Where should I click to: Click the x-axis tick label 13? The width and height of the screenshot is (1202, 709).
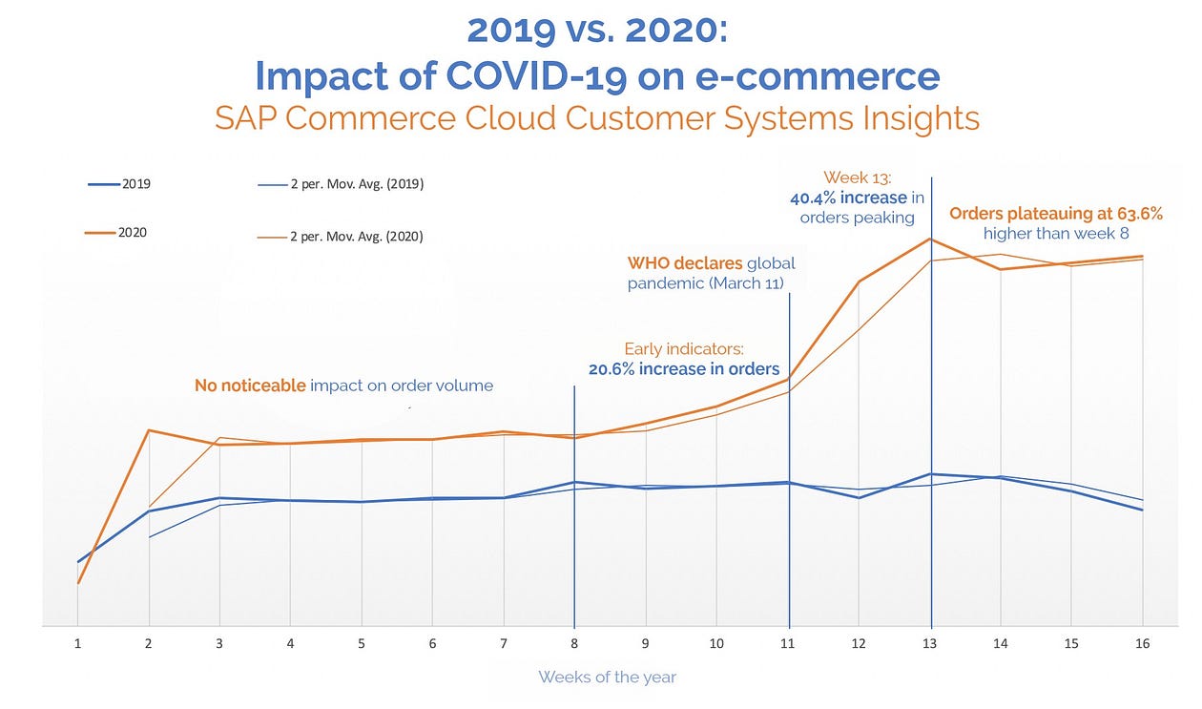click(x=931, y=644)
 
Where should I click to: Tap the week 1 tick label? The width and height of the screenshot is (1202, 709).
click(x=77, y=644)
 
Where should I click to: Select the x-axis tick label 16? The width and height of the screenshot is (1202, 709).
click(x=1143, y=644)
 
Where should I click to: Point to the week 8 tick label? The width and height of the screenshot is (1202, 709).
click(x=574, y=644)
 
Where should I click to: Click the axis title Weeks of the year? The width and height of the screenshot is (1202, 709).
click(x=607, y=678)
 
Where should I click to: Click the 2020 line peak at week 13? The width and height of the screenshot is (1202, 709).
click(x=931, y=239)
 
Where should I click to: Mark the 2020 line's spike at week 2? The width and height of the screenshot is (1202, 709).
click(x=149, y=430)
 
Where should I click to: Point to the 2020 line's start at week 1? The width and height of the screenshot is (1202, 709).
click(x=77, y=583)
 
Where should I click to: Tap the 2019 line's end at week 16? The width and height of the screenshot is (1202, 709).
click(x=1143, y=511)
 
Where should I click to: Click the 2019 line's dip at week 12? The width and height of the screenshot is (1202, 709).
click(x=860, y=497)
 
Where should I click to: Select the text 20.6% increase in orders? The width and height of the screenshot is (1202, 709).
click(x=683, y=369)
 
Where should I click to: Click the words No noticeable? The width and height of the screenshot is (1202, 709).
click(x=250, y=386)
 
